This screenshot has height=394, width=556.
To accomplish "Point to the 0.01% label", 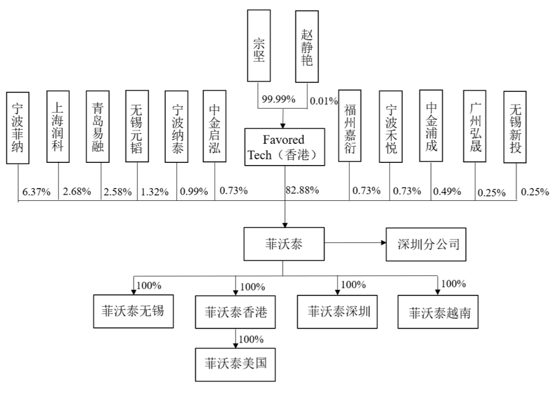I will click(324, 101).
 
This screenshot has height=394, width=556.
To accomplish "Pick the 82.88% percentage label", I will click(303, 190).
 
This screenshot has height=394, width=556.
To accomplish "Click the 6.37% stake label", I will click(36, 192).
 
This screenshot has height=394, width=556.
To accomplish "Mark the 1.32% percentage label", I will click(154, 192).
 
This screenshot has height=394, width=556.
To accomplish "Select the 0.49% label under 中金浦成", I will click(448, 191).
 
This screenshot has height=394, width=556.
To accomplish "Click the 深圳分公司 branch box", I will click(426, 245).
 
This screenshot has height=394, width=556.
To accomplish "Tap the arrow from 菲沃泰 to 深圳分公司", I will click(353, 243).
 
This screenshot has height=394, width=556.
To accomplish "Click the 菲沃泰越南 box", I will click(439, 312).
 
